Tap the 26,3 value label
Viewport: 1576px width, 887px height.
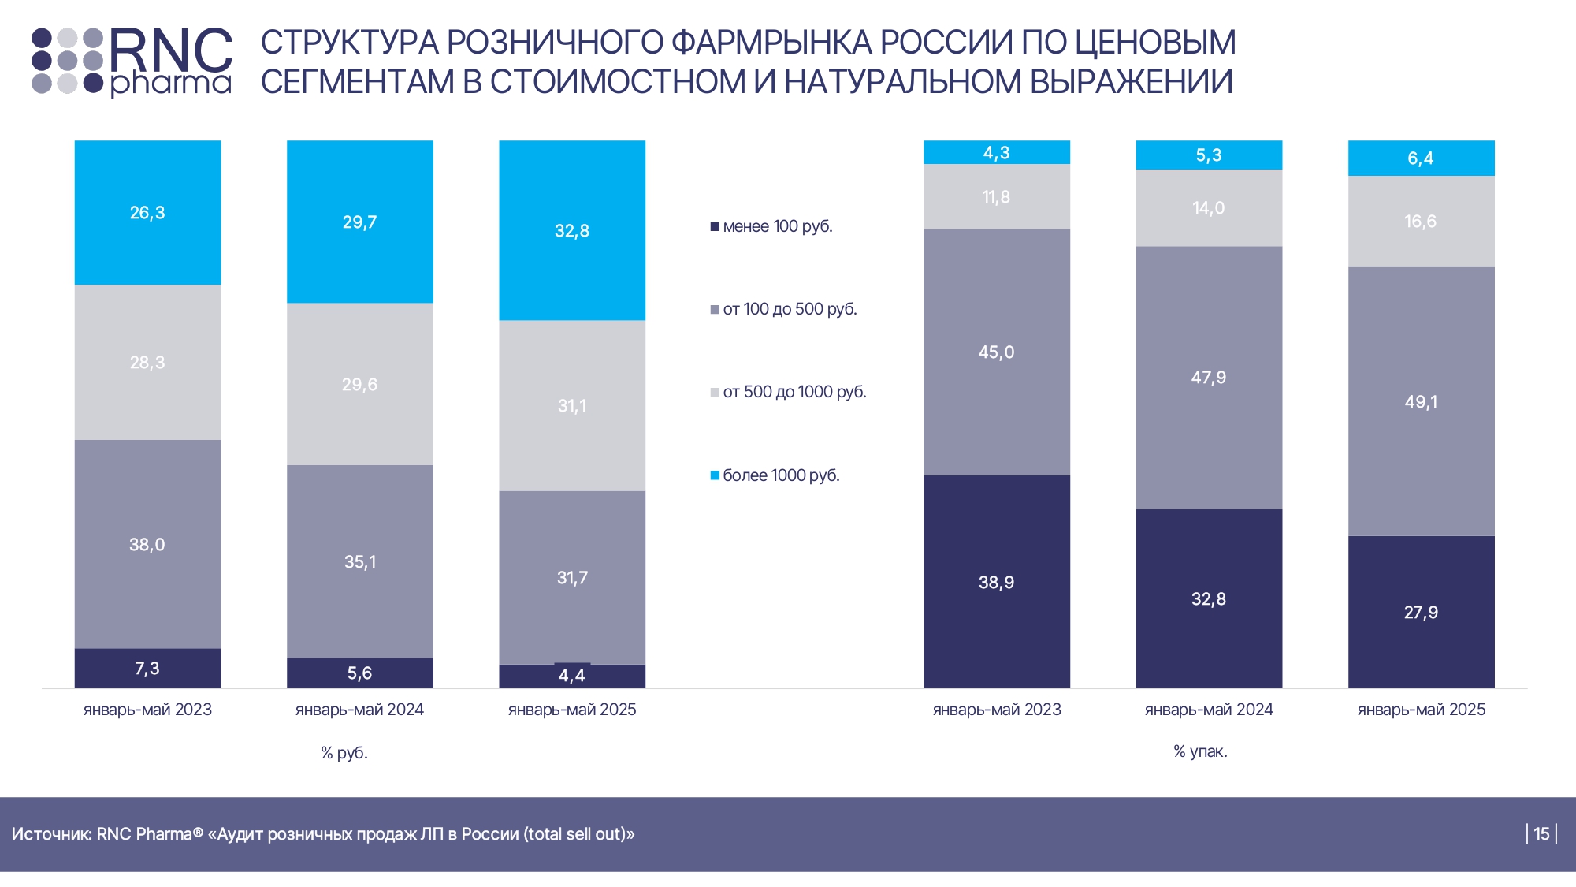pyautogui.click(x=147, y=213)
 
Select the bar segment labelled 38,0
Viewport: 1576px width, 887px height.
pyautogui.click(x=147, y=544)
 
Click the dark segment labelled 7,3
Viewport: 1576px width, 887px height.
pyautogui.click(x=147, y=669)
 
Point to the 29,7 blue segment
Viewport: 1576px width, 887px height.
pyautogui.click(x=359, y=222)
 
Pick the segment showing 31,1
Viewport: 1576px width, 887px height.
pyautogui.click(x=572, y=406)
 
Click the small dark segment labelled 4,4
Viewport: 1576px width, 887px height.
pyautogui.click(x=572, y=676)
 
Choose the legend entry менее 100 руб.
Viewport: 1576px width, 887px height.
pyautogui.click(x=777, y=227)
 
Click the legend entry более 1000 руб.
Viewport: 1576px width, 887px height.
pyautogui.click(x=781, y=475)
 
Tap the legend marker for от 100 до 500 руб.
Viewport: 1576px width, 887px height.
pyautogui.click(x=715, y=310)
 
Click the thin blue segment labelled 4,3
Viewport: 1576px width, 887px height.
pyautogui.click(x=996, y=152)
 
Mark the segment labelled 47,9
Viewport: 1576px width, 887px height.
pyautogui.click(x=1208, y=378)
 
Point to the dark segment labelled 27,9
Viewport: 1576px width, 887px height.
pyautogui.click(x=1421, y=613)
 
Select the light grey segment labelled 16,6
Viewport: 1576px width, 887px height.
pyautogui.click(x=1421, y=222)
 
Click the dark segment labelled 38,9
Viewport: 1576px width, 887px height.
pyautogui.click(x=996, y=583)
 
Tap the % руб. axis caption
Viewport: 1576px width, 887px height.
pyautogui.click(x=344, y=753)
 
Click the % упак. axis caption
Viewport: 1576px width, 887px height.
pyautogui.click(x=1200, y=751)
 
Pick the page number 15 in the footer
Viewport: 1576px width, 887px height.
pyautogui.click(x=1541, y=834)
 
